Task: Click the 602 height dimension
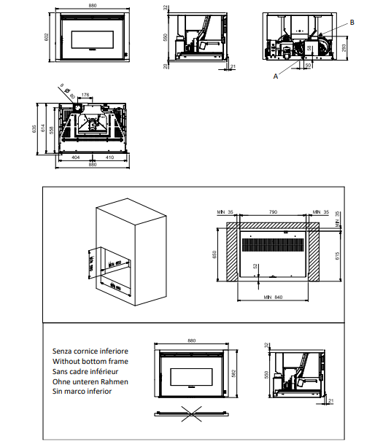click(x=44, y=36)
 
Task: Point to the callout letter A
click(x=276, y=75)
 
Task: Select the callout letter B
click(x=352, y=23)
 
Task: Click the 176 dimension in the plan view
click(x=85, y=94)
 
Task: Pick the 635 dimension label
click(x=34, y=128)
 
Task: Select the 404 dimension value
click(x=75, y=157)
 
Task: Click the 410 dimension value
click(x=109, y=157)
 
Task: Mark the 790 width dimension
click(x=274, y=211)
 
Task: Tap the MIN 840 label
click(x=274, y=297)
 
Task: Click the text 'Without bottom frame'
click(x=90, y=361)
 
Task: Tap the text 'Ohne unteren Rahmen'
click(x=90, y=381)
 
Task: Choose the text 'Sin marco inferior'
click(x=82, y=392)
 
